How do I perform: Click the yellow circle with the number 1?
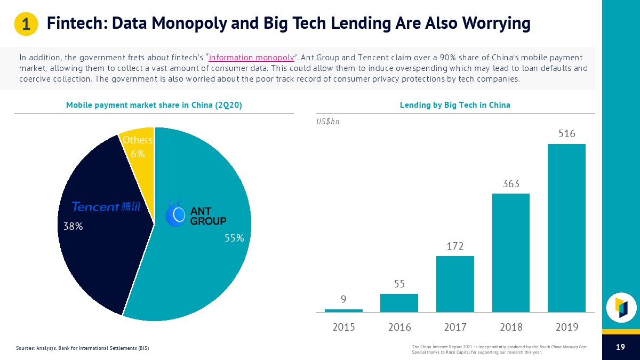(x=25, y=24)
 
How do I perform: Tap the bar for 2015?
(x=343, y=310)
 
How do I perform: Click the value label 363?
(x=510, y=184)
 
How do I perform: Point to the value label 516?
(x=566, y=134)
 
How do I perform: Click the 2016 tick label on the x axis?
(x=399, y=327)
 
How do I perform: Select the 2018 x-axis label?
(x=510, y=327)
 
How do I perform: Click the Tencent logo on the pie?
(x=106, y=207)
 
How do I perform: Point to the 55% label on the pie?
(x=234, y=238)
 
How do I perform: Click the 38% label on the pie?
(x=73, y=226)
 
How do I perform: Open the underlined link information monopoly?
(x=252, y=58)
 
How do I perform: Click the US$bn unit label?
(x=328, y=121)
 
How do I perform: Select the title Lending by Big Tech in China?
(x=455, y=105)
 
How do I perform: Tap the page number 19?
(x=620, y=347)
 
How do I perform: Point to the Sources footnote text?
(x=83, y=348)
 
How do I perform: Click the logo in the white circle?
(x=621, y=307)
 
